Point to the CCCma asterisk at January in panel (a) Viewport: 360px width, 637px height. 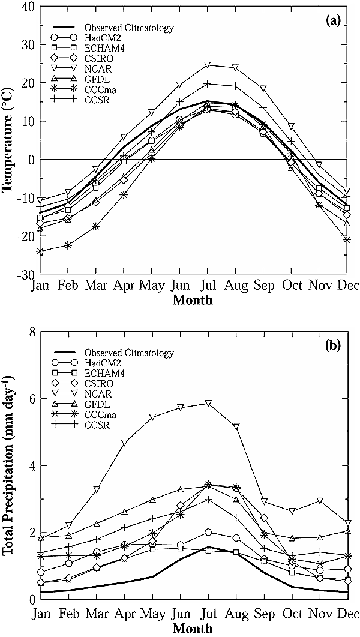pos(40,251)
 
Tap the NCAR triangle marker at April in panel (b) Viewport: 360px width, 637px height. pos(124,443)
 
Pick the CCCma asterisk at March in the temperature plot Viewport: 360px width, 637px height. pos(95,226)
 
